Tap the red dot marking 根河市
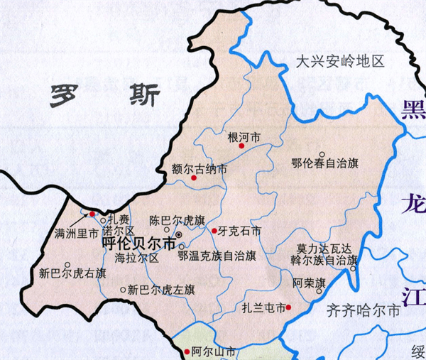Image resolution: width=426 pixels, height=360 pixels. pyautogui.click(x=241, y=146)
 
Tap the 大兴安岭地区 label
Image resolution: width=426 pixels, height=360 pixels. pyautogui.click(x=339, y=62)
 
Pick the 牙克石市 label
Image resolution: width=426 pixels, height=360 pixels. pyautogui.click(x=241, y=231)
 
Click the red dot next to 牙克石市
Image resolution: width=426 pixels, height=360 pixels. pyautogui.click(x=214, y=231)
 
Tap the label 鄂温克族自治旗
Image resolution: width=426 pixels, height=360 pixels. pyautogui.click(x=221, y=253)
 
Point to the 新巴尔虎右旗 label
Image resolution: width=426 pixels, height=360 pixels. pyautogui.click(x=72, y=273)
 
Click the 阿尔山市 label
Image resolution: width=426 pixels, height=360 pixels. pyautogui.click(x=214, y=351)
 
